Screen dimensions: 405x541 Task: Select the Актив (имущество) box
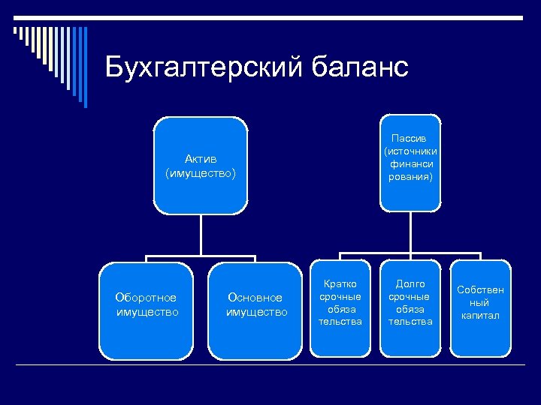tap(200, 166)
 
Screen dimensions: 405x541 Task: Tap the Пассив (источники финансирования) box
tap(410, 162)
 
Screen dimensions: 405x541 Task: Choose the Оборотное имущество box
tap(146, 310)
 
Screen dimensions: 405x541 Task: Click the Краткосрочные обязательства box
tap(340, 307)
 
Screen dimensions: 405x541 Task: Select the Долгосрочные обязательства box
tap(410, 307)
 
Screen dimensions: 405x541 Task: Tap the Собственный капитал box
tap(480, 307)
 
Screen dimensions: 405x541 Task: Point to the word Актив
tap(201, 159)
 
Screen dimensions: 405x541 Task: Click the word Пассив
tap(410, 139)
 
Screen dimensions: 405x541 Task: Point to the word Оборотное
tap(146, 298)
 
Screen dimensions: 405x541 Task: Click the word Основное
tap(255, 298)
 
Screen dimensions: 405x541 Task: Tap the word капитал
tap(480, 316)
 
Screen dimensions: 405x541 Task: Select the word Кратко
tap(340, 284)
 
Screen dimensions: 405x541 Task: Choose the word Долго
tap(410, 284)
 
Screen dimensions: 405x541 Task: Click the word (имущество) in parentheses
tap(201, 173)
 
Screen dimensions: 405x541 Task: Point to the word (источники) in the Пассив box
tap(410, 151)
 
